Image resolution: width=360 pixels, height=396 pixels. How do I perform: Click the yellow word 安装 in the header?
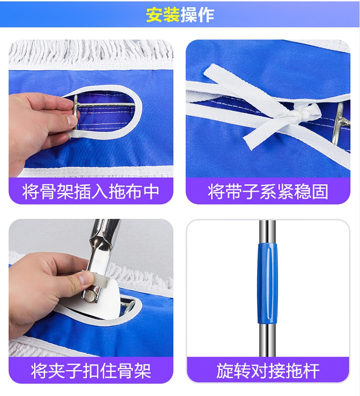tap(163, 14)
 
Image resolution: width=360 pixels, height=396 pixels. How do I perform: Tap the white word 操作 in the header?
tap(198, 14)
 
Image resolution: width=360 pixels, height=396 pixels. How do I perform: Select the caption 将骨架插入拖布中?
tap(91, 192)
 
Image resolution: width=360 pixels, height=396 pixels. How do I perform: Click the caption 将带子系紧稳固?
tap(268, 192)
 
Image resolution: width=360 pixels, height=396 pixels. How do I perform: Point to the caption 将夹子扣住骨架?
tap(91, 371)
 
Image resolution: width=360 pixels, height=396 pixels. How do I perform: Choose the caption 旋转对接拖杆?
tap(268, 371)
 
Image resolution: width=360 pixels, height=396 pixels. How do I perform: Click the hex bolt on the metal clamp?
tap(90, 296)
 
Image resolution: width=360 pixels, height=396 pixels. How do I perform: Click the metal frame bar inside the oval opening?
tap(106, 104)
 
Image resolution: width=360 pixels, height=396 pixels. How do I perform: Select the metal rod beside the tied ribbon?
tap(340, 124)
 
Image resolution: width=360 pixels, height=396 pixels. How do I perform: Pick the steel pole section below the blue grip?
tap(268, 340)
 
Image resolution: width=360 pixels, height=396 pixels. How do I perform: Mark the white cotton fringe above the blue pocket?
tap(91, 52)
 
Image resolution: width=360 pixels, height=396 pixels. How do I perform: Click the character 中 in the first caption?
tap(151, 192)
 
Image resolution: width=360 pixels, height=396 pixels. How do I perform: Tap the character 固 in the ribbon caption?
tap(320, 192)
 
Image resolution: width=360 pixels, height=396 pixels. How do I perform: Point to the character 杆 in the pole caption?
tap(312, 371)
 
